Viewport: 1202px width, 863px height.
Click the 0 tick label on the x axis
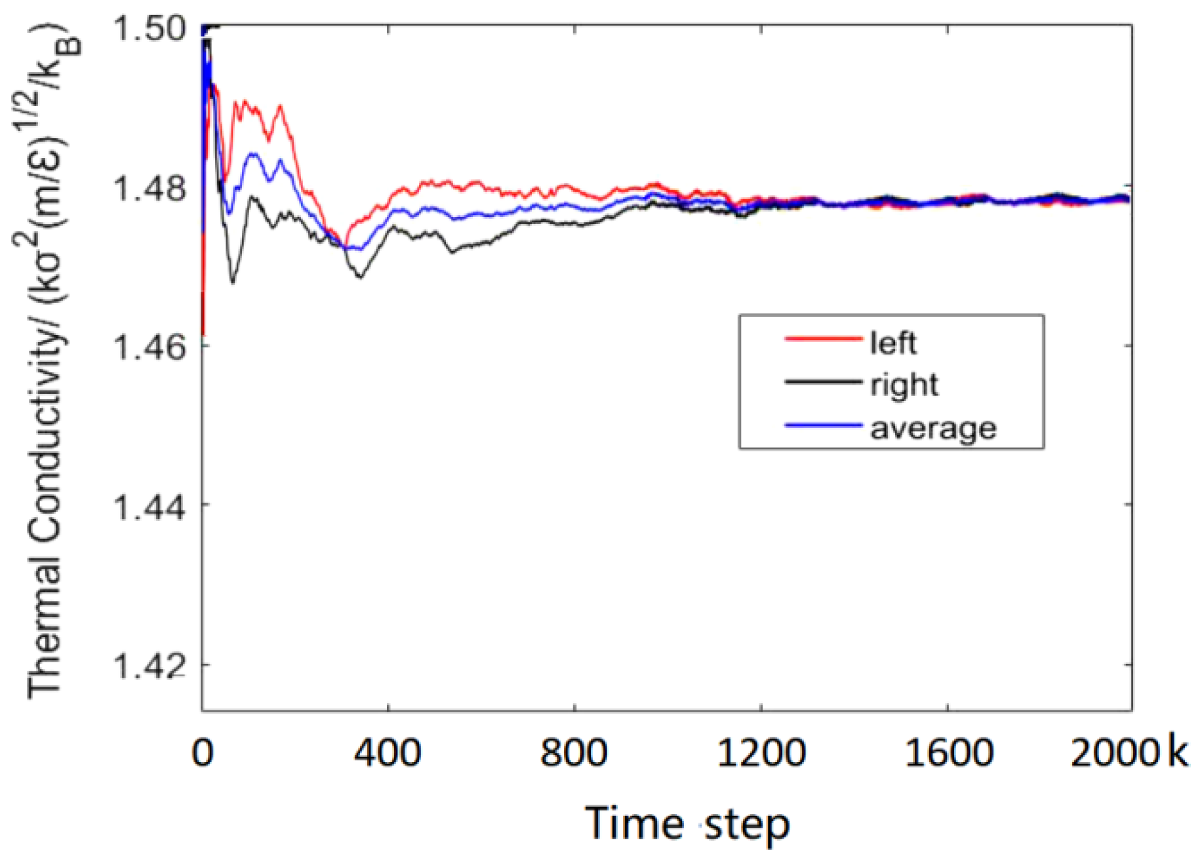[203, 753]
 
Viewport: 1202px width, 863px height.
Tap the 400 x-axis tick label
[388, 753]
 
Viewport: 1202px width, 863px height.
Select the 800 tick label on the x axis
[574, 753]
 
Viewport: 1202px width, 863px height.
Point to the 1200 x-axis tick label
[761, 753]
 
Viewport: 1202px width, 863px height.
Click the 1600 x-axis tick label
[948, 753]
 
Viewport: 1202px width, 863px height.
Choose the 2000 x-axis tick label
[1116, 753]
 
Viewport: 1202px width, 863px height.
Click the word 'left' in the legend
[893, 343]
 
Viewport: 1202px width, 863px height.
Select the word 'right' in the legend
[904, 385]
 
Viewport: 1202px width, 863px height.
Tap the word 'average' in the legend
[933, 429]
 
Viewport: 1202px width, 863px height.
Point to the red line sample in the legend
[823, 339]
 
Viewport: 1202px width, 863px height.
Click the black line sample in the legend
[823, 381]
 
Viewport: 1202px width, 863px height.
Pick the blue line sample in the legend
[823, 425]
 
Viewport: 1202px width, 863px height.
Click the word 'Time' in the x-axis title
[634, 824]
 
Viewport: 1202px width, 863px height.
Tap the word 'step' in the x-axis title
[747, 826]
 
